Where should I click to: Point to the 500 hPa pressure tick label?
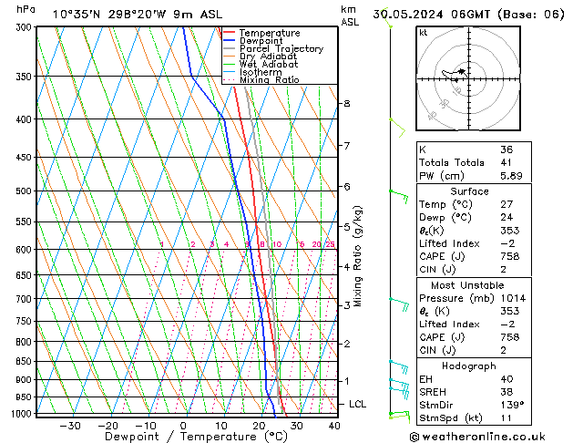tap(26, 191)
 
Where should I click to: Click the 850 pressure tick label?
tap(26, 362)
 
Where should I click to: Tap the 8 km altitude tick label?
tap(347, 104)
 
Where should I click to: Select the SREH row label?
tap(435, 391)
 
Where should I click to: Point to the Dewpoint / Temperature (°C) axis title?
tap(184, 437)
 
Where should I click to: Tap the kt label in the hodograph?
tap(423, 32)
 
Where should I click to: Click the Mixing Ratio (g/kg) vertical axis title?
tap(358, 256)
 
